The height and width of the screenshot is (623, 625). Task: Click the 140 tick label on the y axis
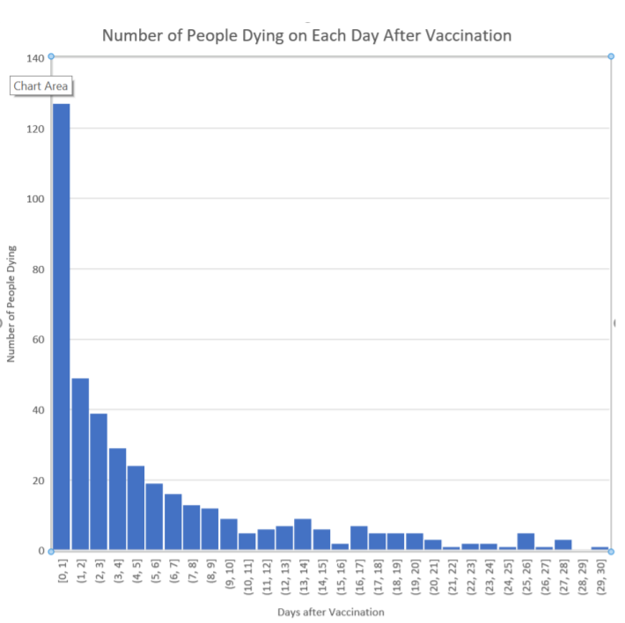[34, 58]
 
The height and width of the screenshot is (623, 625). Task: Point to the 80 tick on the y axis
[37, 269]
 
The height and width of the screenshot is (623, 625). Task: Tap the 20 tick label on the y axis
[37, 480]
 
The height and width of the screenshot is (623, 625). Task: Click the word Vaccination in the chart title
[464, 36]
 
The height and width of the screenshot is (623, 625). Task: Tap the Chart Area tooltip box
[40, 86]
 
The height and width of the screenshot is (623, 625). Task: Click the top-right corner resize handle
[611, 56]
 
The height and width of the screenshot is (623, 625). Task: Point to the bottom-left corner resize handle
[51, 551]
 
